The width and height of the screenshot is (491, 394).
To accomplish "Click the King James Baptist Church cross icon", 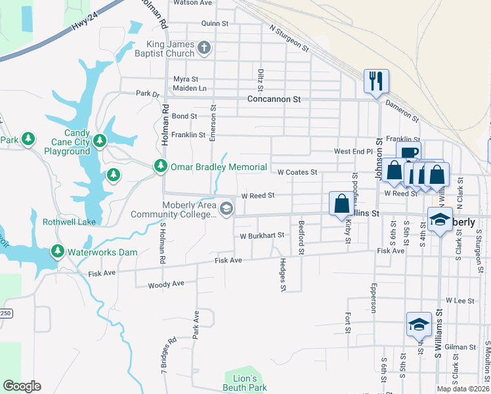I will [x=204, y=47].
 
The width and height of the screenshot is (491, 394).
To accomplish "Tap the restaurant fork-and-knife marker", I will [x=376, y=81].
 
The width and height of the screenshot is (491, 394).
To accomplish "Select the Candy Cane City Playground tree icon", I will [x=100, y=140].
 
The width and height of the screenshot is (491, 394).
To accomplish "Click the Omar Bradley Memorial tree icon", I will [x=160, y=167].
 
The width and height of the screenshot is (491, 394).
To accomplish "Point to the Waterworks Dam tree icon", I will [x=58, y=252].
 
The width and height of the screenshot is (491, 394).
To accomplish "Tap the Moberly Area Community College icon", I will [x=226, y=209].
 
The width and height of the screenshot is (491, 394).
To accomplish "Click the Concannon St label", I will [x=273, y=99].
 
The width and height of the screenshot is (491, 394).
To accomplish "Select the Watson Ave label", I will [x=192, y=3].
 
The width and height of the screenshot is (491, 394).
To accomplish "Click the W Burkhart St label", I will [x=261, y=235].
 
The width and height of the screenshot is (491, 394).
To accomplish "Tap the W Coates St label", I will [x=297, y=172].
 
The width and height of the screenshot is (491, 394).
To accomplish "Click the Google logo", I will [x=22, y=386].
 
